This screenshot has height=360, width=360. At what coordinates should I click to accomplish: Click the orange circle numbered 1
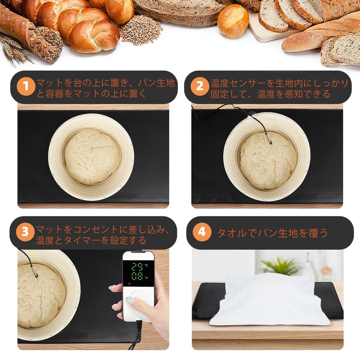26,86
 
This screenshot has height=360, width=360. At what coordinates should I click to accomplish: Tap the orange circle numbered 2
200,86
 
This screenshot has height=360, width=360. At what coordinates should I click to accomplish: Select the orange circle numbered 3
26,232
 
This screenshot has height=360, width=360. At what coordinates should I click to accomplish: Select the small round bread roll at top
233,20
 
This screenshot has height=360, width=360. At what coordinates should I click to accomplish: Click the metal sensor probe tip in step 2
269,139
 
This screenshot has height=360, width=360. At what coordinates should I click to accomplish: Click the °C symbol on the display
146,265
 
